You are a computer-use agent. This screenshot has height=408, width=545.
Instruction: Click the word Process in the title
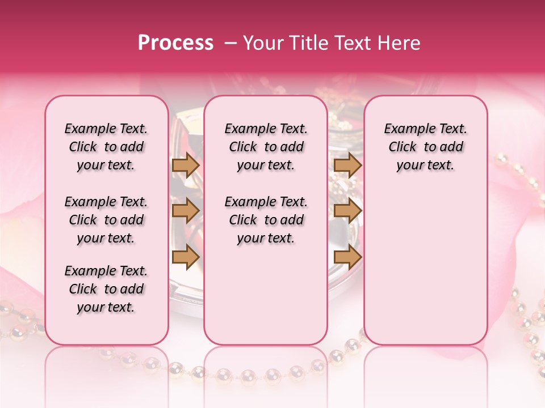point(175,43)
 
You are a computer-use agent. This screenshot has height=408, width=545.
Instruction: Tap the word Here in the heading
point(400,43)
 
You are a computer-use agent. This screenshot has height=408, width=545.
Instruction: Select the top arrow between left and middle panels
point(186,165)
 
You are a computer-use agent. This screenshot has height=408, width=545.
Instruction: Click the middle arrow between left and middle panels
point(186,211)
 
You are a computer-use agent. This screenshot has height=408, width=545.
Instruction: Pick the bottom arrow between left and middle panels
point(186,257)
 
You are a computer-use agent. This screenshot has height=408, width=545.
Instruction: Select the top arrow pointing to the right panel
point(347,165)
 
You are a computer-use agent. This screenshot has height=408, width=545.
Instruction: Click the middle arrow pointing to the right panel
point(347,211)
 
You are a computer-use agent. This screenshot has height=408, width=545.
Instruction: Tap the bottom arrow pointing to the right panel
point(347,257)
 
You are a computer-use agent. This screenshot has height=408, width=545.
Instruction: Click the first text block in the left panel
point(106,147)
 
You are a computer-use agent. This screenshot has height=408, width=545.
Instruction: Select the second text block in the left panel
point(106,220)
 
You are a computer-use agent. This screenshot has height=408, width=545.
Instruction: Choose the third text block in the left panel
point(106,289)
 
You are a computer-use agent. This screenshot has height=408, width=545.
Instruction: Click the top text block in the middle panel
point(266,147)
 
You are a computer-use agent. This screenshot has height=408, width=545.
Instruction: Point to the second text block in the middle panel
point(266,220)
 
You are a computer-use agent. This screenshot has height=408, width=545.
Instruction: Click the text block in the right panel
point(426,147)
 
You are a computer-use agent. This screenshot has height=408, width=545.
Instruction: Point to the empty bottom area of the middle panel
point(266,300)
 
